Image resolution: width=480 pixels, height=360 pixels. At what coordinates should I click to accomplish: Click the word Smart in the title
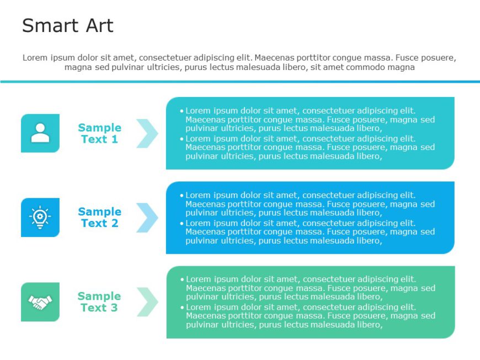tap(47, 26)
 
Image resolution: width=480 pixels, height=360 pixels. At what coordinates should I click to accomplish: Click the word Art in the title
tap(99, 26)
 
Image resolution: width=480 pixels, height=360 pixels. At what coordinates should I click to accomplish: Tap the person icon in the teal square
tap(40, 133)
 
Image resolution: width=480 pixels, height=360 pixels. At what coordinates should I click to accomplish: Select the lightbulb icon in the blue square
tap(40, 217)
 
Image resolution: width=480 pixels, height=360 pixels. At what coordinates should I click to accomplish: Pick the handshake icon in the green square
tap(40, 302)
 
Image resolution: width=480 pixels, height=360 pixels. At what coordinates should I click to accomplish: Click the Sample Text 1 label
tap(99, 133)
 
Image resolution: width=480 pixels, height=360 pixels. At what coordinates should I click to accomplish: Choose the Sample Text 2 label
tap(99, 217)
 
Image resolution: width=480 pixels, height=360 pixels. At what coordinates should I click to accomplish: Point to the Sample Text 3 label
tap(99, 302)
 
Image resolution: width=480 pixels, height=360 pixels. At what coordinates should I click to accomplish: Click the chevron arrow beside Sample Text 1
tap(147, 133)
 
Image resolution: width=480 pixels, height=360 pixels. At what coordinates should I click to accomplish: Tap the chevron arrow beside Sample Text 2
tap(147, 217)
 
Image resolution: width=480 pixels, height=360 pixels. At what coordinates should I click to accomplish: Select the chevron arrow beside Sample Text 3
tap(147, 302)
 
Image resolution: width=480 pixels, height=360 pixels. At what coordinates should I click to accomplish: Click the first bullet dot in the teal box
tap(182, 111)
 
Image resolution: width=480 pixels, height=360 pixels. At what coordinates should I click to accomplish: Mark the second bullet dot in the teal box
tap(182, 139)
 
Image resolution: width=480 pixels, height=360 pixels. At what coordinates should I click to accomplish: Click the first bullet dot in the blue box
tap(182, 195)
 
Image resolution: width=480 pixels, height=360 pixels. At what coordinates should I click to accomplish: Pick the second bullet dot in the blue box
tap(182, 223)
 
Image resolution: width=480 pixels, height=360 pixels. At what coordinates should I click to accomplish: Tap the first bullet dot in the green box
tap(183, 280)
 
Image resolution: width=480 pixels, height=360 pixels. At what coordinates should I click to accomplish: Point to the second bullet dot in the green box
tap(183, 308)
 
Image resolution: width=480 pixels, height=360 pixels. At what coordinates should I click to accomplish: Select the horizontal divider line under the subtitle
tap(240, 82)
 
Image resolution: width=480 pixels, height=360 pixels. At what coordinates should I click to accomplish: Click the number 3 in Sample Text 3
tap(114, 308)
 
